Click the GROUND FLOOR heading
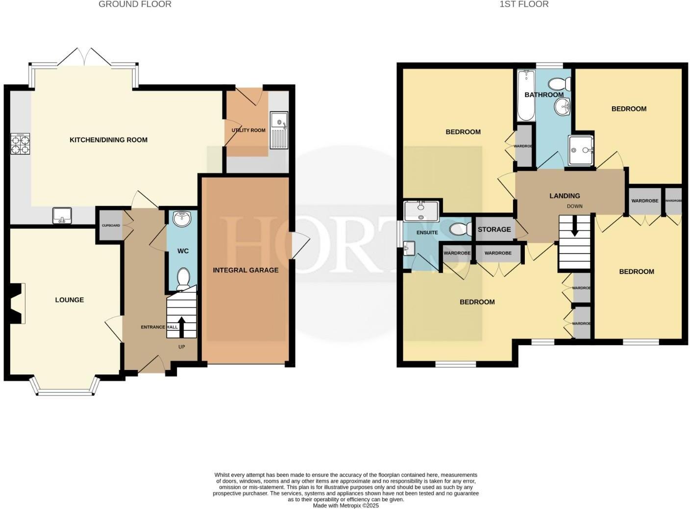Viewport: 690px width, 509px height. coord(135,4)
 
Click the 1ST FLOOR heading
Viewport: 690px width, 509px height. coord(524,4)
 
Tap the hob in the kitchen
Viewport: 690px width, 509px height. coord(20,144)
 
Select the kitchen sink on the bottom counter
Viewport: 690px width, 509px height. coord(62,215)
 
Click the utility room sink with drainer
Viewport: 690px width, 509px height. coord(279,130)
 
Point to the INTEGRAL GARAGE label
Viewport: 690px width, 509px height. coord(246,270)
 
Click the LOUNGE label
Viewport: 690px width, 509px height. coord(69,300)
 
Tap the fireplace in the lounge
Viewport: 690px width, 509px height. coord(17,303)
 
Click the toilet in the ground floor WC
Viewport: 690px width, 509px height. coord(183,277)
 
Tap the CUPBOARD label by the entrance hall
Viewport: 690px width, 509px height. coord(110,226)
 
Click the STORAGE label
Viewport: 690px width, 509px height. coord(494,230)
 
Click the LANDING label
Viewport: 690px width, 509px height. coord(565,196)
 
